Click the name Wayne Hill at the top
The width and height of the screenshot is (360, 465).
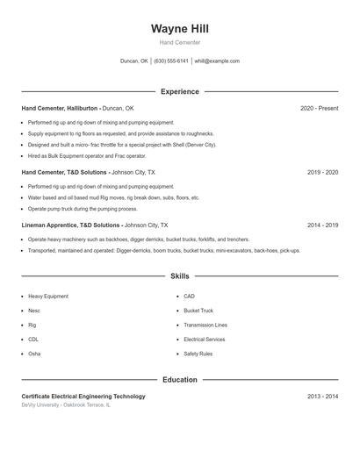click(x=180, y=29)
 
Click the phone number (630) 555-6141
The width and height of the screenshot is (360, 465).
click(x=171, y=61)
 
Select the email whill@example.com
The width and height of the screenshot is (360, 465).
click(x=217, y=61)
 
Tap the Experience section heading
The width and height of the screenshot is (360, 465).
click(x=180, y=91)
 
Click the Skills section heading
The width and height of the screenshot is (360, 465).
click(x=180, y=275)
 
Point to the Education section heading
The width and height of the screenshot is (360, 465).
click(x=180, y=380)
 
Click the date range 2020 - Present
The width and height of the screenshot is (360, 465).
click(x=319, y=108)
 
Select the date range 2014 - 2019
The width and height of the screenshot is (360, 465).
click(x=322, y=225)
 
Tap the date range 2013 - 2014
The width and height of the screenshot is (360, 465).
click(x=322, y=397)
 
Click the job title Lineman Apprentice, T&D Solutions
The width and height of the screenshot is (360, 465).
click(x=71, y=225)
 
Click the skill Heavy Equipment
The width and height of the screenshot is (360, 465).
click(x=48, y=297)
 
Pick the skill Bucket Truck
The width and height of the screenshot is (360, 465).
click(x=198, y=311)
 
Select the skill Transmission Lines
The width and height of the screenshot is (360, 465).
click(x=205, y=325)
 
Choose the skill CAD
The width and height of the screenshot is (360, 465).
click(x=190, y=297)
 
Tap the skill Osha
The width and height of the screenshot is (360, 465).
click(x=34, y=354)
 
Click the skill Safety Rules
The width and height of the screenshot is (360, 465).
click(x=198, y=354)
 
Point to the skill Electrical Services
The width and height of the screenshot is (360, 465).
click(x=205, y=339)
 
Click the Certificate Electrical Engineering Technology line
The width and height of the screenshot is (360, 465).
click(x=83, y=397)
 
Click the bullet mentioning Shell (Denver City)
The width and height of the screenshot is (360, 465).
click(x=121, y=144)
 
